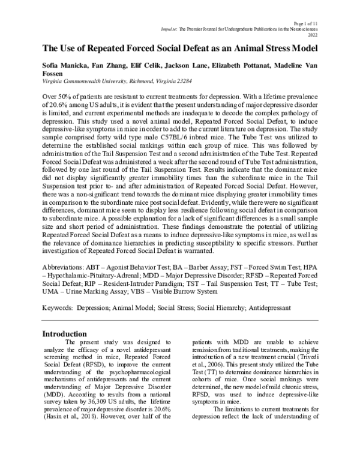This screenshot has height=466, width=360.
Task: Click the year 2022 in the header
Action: tap(312, 35)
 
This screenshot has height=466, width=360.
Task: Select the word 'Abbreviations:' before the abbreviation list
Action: tap(66, 265)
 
